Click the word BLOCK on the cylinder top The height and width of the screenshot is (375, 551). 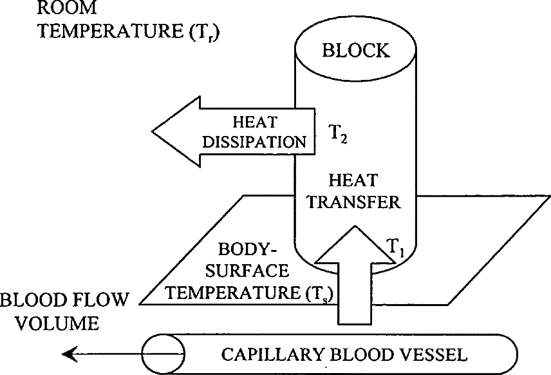point(355,50)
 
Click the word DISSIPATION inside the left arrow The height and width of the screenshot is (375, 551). point(254,142)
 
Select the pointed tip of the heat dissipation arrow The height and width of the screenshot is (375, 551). point(153,131)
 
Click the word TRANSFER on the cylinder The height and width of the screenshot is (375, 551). point(354,202)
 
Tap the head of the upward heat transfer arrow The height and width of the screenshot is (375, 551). point(355,244)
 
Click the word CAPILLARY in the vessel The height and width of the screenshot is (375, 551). point(272,354)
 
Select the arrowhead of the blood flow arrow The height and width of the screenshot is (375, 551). point(69,354)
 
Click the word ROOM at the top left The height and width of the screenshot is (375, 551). point(67,8)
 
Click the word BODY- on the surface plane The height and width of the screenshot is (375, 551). point(247,249)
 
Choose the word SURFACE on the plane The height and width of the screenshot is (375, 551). point(247,271)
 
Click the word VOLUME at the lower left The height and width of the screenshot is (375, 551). point(58,323)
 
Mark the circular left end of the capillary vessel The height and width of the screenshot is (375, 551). point(163,354)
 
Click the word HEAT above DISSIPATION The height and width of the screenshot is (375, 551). point(255,122)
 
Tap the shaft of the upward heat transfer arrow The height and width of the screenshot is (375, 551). point(355,293)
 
